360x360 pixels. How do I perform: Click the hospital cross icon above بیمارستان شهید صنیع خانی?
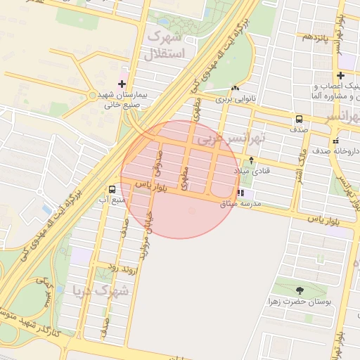click(122, 84)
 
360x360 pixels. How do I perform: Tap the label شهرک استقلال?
click(166, 45)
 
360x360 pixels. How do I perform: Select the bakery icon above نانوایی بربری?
click(234, 89)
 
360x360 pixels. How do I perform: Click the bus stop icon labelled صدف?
click(299, 119)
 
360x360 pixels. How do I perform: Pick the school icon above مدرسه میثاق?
click(240, 193)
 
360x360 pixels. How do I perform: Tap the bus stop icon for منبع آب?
click(112, 189)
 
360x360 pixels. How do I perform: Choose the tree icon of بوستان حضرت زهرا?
click(300, 290)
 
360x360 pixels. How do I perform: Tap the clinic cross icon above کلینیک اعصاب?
click(341, 75)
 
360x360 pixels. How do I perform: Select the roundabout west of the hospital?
click(93, 95)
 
